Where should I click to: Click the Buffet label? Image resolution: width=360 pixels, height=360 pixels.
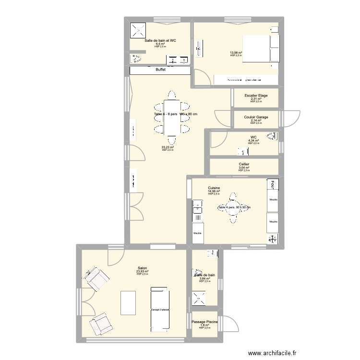pos(160,70)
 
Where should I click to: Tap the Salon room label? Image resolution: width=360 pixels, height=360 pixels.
pos(142,269)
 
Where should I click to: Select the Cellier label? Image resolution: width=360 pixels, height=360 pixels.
pos(244,164)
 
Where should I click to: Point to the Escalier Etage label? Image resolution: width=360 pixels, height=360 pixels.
pos(256,96)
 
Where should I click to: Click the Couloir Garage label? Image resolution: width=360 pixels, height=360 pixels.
pos(256,117)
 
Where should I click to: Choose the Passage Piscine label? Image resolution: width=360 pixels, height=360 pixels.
pos(205,322)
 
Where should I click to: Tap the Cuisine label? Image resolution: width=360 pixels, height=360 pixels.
pos(214,188)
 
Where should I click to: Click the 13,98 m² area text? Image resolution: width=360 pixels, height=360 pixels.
pos(236,52)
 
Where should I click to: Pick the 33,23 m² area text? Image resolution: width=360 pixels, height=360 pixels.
pos(168,147)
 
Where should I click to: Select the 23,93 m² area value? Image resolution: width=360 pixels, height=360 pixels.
pos(142,272)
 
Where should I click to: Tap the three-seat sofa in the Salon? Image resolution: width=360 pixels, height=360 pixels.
pos(159,310)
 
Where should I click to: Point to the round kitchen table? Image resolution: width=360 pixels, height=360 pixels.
pos(234,207)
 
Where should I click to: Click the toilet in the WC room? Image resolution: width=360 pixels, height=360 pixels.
pos(273,136)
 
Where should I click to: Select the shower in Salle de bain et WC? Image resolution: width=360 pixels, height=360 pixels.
pos(139,30)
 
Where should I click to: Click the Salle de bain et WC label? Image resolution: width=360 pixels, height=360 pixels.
pos(160,41)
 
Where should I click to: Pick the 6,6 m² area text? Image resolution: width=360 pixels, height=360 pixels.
pos(160,44)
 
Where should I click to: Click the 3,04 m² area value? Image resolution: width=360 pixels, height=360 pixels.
pos(244,168)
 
